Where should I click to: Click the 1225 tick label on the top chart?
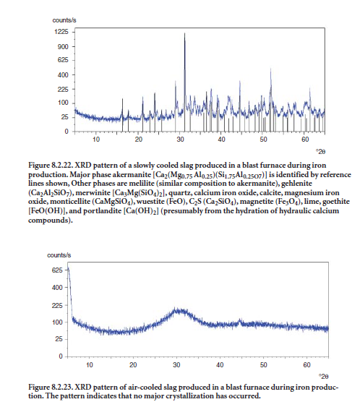point(61,32)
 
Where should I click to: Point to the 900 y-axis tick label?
point(63,47)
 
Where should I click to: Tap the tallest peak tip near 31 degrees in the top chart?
point(184,33)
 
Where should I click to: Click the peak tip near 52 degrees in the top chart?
point(270,69)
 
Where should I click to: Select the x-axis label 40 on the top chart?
point(221,140)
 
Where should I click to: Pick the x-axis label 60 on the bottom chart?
point(307,364)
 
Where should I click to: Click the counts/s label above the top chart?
point(64,20)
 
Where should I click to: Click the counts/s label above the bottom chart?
point(59,255)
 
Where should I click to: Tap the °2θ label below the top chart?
point(320,152)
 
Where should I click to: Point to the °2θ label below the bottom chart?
point(324,377)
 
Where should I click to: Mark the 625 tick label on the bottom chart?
point(57,270)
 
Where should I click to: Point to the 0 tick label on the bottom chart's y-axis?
point(61,356)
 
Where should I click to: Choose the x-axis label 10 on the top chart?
point(96,140)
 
